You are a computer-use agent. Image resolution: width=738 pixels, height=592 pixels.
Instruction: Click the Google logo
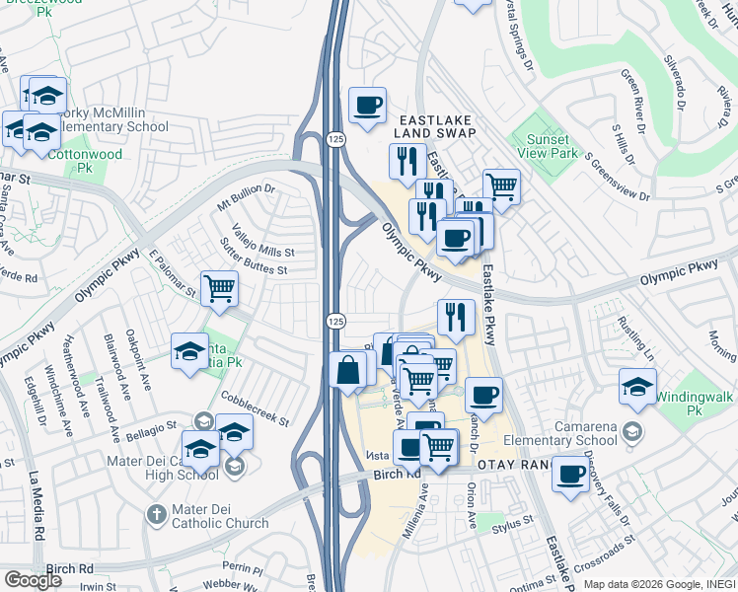pos(34,580)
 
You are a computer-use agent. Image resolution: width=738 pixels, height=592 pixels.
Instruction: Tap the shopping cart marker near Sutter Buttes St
pos(219,288)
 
